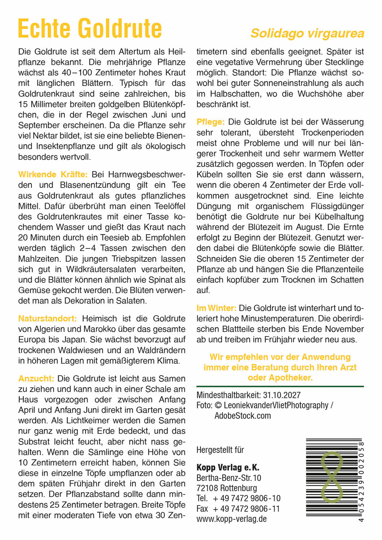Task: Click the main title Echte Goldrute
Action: (90, 29)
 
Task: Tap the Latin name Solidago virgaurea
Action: (307, 33)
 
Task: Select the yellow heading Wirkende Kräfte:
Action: (53, 175)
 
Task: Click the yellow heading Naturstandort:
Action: (48, 319)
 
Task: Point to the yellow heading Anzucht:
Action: (36, 378)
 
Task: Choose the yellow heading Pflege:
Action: (210, 122)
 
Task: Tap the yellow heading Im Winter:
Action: (216, 308)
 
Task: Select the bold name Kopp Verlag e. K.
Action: (228, 468)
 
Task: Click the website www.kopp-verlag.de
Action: (231, 519)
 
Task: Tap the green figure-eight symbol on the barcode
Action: (332, 477)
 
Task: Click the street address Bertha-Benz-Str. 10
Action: (229, 478)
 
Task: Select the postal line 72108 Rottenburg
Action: (227, 488)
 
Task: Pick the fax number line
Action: (238, 509)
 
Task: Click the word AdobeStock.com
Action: (243, 416)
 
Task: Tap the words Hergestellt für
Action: (220, 450)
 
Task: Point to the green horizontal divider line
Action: (280, 386)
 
